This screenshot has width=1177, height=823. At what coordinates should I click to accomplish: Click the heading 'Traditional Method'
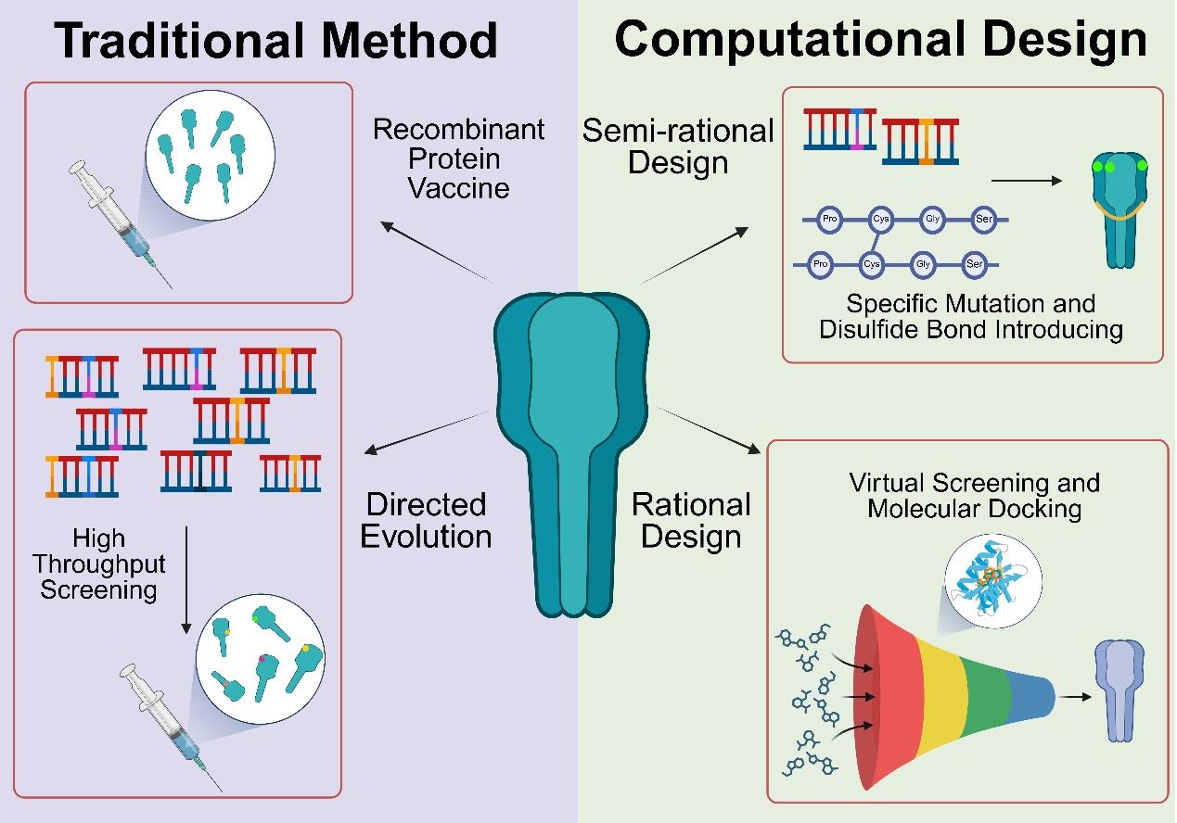point(276,42)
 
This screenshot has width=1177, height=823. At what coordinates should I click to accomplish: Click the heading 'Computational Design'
point(880,39)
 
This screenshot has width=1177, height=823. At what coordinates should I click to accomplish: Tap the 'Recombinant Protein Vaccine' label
point(458,158)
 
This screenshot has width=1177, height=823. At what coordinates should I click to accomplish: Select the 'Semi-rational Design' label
point(678,146)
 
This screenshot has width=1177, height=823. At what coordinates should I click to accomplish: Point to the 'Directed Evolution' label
point(426,520)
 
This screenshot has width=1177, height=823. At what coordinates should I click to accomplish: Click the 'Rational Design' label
point(691,520)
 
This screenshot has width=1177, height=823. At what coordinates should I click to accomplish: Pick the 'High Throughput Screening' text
point(97,563)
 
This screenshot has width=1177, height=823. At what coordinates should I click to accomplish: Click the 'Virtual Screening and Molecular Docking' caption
point(974,495)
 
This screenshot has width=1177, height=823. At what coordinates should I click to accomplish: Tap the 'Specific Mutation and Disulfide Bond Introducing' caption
point(971,316)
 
